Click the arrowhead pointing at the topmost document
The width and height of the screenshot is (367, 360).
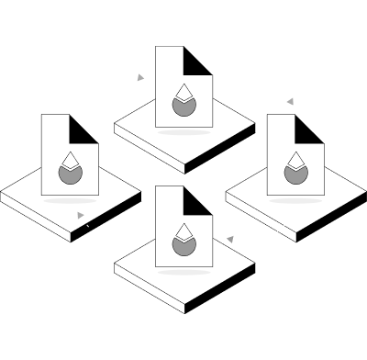coord(140,78)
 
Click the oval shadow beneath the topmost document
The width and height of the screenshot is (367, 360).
coord(183,131)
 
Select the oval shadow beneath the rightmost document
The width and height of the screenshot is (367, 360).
coord(295,198)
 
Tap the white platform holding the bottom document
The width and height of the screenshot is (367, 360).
coord(138,266)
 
